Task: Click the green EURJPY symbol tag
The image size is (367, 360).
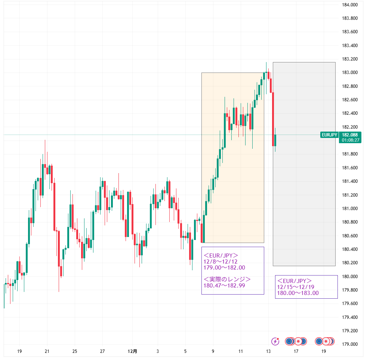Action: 329,135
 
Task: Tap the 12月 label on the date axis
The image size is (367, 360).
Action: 132,351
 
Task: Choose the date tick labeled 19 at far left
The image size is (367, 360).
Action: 19,351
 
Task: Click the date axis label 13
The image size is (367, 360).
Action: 268,351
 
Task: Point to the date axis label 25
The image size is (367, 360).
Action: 75,351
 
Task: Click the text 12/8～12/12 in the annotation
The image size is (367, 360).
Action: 220,262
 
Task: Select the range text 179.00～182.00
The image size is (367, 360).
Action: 224,268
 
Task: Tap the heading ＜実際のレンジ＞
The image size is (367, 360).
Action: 227,280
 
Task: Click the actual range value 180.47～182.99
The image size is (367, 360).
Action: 224,286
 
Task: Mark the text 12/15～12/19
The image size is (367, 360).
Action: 296,287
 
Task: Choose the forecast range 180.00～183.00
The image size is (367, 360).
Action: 298,293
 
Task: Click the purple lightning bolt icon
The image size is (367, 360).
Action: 275,341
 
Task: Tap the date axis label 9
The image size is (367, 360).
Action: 213,351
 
